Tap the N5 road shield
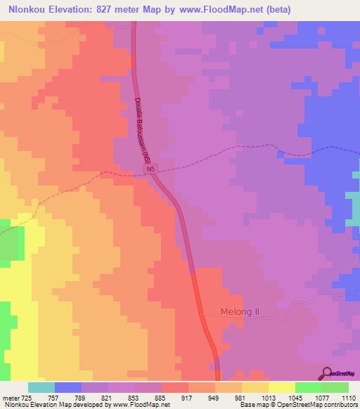click(x=150, y=169)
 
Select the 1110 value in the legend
click(x=349, y=398)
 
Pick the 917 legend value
click(x=174, y=398)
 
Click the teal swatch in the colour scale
click(x=41, y=387)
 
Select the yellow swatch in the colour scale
click(x=281, y=387)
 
